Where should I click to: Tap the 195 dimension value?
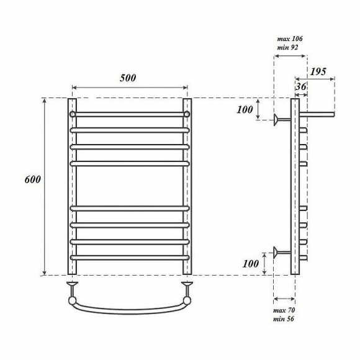[x=318, y=72]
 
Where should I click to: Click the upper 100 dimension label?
[x=246, y=110]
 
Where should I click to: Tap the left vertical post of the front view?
[x=72, y=186]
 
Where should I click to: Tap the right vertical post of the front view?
[x=187, y=186]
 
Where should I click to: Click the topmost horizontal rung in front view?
[x=129, y=115]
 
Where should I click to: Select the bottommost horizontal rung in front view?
[x=129, y=256]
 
